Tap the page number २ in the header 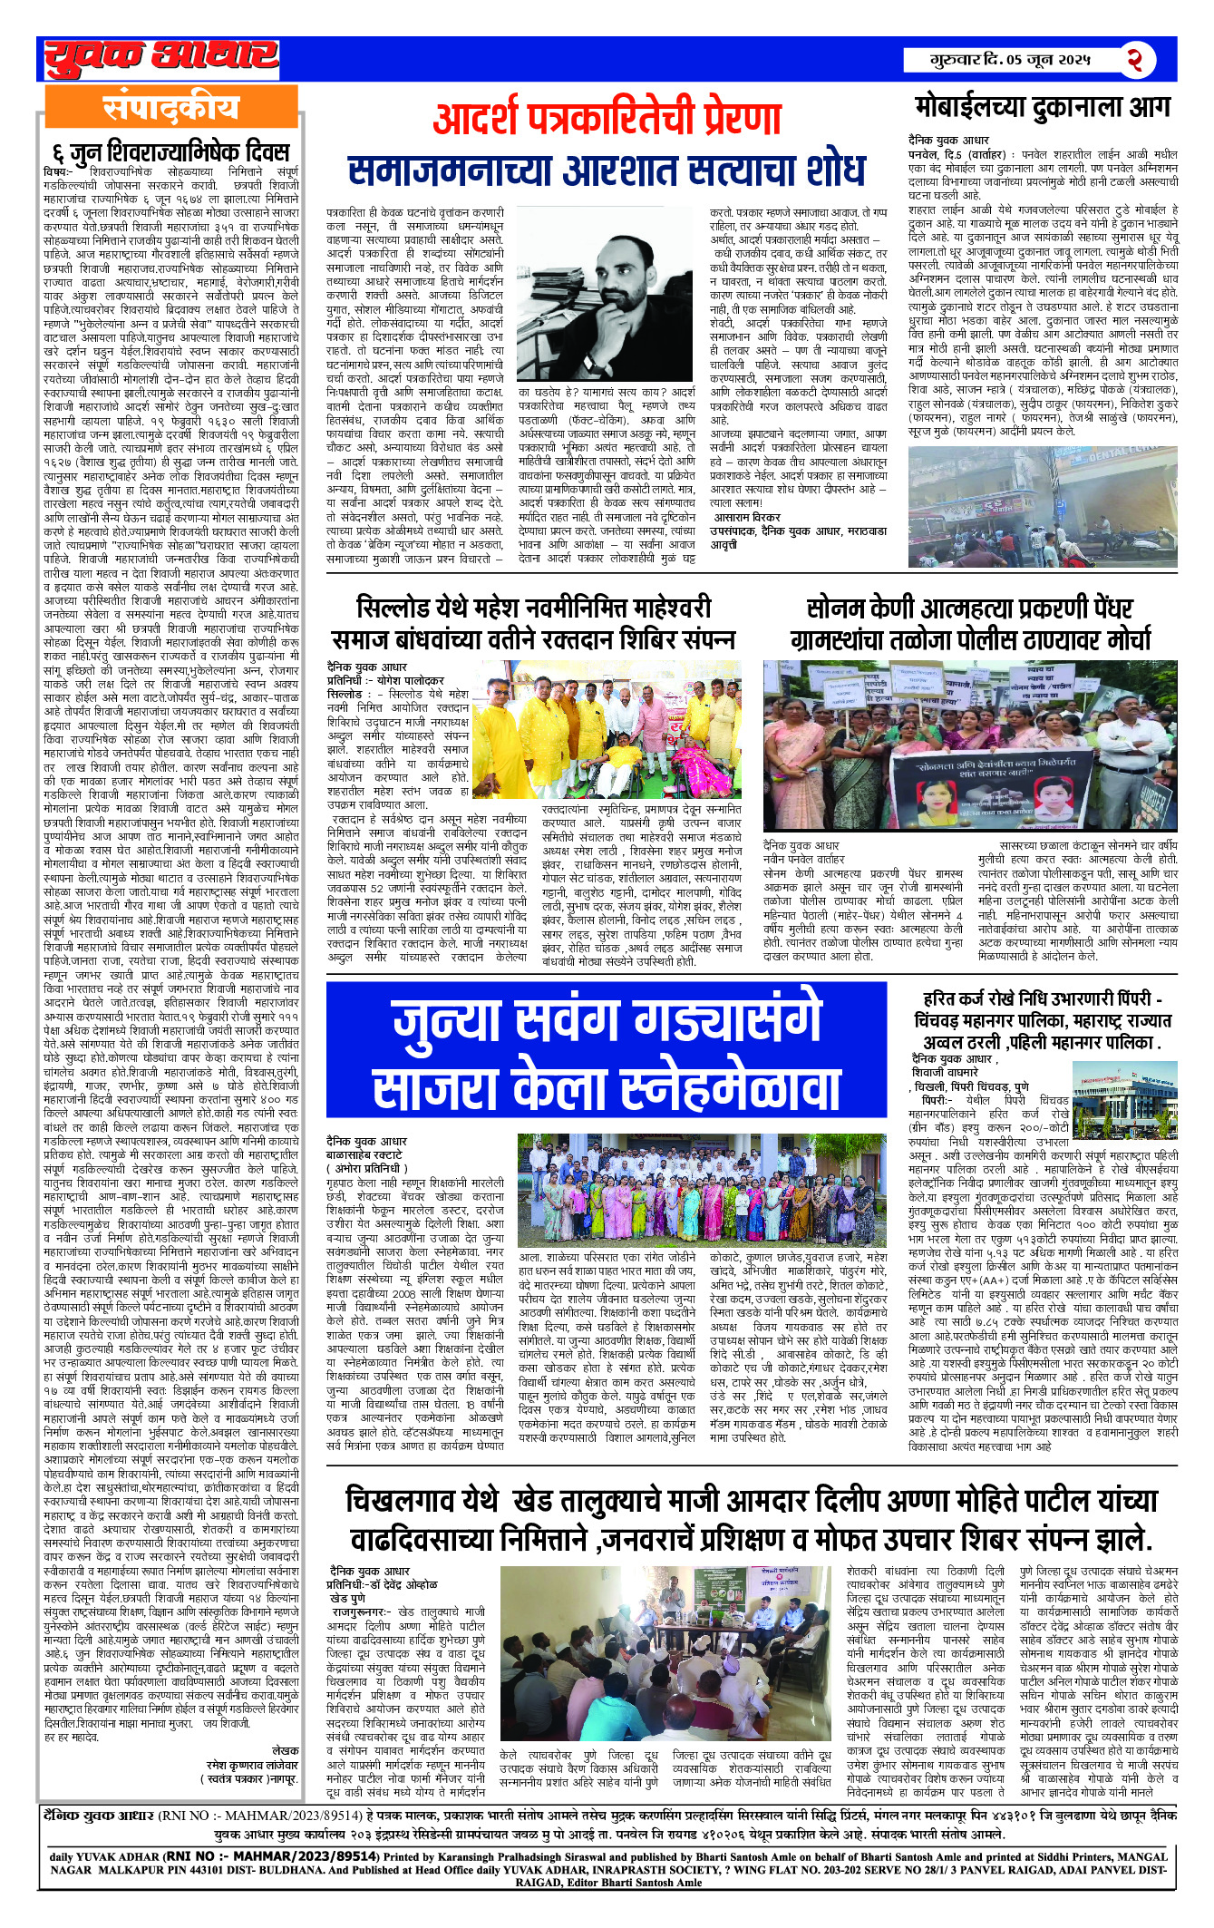(1134, 60)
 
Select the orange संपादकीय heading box (171, 108)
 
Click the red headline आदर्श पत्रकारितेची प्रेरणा (607, 119)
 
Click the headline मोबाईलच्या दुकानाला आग (1043, 108)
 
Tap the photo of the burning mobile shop (1043, 507)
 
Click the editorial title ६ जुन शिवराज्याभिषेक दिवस (171, 151)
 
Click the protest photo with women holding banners (969, 745)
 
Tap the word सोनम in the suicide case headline (837, 608)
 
